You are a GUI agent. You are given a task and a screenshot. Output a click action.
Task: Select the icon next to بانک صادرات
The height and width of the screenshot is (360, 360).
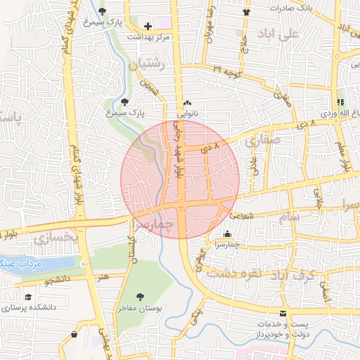[x=246, y=12]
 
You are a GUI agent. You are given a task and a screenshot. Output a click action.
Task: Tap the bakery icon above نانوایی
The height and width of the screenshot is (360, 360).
[x=187, y=103]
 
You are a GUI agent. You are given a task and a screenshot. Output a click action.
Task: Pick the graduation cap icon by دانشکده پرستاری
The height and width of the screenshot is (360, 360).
[x=28, y=297]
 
